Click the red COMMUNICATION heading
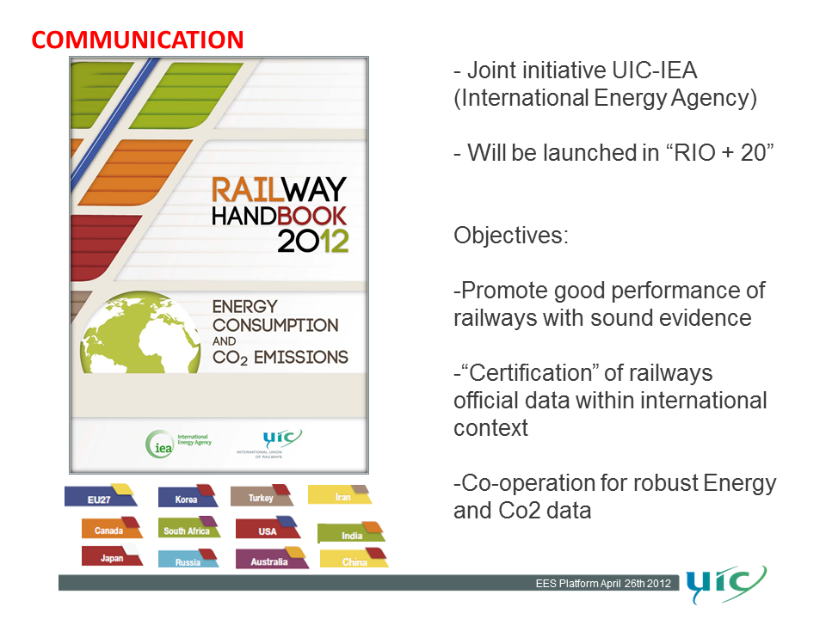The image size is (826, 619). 138,40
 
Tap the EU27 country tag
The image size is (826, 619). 101,495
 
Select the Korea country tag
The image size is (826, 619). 188,496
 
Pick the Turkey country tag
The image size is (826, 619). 262,495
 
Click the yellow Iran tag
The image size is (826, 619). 340,494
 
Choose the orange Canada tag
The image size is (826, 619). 112,527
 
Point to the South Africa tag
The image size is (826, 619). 188,527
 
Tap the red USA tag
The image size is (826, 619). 268,527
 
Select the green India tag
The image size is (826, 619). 351,532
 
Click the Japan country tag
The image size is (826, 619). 112,555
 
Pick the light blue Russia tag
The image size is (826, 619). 188,558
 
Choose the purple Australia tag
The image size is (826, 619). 272,558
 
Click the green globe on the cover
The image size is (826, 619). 140,333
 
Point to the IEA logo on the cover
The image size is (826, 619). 179,444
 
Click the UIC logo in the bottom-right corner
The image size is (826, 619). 726,584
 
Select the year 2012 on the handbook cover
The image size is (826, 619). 313,241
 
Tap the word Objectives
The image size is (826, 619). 511,236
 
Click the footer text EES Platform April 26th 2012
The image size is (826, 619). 603,583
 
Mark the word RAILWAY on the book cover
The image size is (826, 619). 279,189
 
